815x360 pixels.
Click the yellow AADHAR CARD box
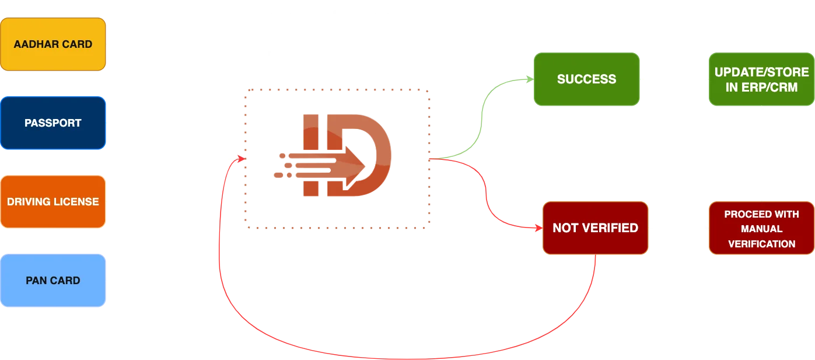[53, 44]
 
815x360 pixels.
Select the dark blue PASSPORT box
[53, 123]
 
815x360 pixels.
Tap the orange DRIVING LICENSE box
[53, 202]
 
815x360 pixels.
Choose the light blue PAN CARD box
[53, 281]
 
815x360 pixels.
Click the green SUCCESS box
[586, 79]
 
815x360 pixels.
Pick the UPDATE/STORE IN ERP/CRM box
[761, 79]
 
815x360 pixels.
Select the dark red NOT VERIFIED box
[595, 228]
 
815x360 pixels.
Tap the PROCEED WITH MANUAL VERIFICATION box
[761, 228]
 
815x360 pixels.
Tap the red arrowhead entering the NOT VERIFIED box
[538, 228]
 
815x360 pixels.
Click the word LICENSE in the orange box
[78, 202]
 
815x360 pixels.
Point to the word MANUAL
[761, 229]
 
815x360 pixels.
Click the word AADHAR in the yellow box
[34, 44]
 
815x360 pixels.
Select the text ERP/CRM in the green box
[761, 87]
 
